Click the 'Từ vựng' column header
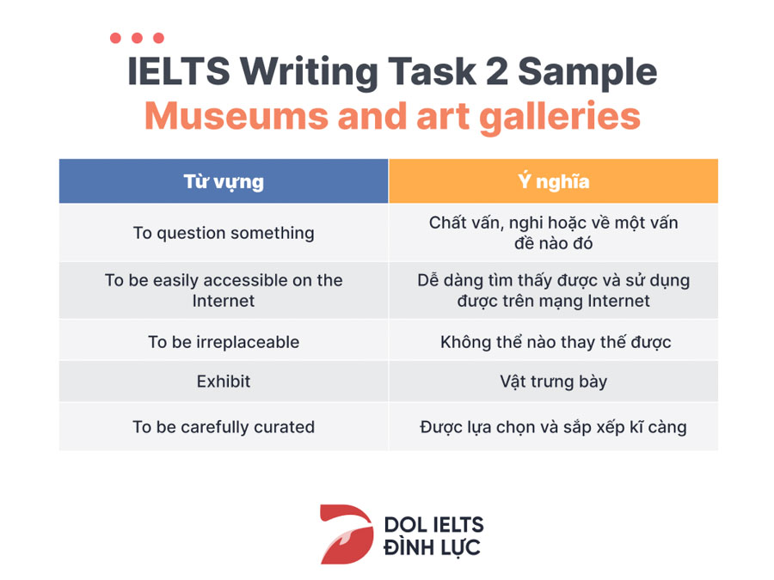[x=224, y=181]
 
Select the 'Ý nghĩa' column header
[x=553, y=181]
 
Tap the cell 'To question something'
[x=224, y=233]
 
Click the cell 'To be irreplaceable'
[x=224, y=342]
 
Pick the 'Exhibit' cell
[x=224, y=382]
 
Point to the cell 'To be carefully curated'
[x=224, y=426]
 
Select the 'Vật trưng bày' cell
[x=553, y=382]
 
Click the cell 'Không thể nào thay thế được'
[x=553, y=342]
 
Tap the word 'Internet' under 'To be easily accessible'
[x=224, y=301]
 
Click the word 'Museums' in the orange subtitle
[x=236, y=116]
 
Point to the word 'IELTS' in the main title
[x=179, y=71]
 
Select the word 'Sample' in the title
[x=587, y=73]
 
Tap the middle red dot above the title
[x=138, y=38]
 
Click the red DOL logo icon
[x=347, y=534]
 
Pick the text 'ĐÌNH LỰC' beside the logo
[x=432, y=548]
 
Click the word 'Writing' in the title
[x=309, y=73]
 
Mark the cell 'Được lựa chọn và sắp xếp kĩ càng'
[x=553, y=426]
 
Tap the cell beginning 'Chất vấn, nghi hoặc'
[x=553, y=233]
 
